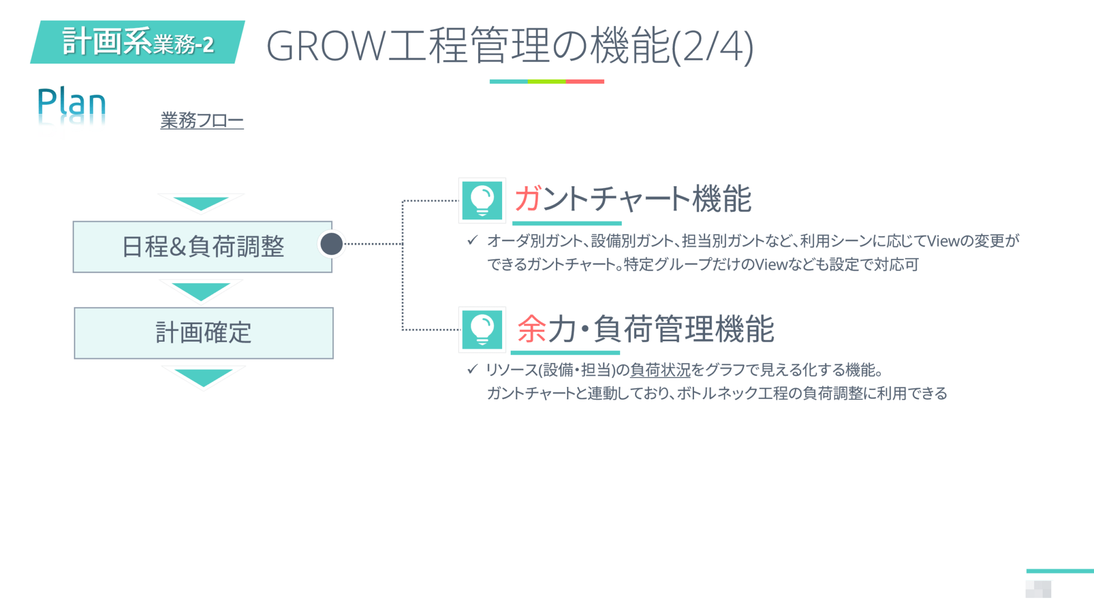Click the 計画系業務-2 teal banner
click(x=138, y=42)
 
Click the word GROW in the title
click(x=326, y=46)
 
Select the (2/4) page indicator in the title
click(x=712, y=47)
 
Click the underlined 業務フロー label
click(x=202, y=120)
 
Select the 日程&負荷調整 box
click(x=202, y=247)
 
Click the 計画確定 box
click(x=204, y=333)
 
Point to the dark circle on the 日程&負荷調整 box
click(x=332, y=244)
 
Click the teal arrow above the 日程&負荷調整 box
click(x=201, y=203)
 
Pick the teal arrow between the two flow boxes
click(x=201, y=290)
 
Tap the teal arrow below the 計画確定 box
click(x=203, y=376)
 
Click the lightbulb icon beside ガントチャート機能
click(x=482, y=200)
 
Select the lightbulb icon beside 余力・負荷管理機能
click(x=482, y=329)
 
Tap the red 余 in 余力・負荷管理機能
click(x=532, y=328)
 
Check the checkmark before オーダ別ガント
click(x=472, y=240)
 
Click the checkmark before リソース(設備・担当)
click(x=472, y=369)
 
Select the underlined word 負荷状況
click(x=660, y=370)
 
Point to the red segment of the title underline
click(x=585, y=82)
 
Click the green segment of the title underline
click(x=546, y=82)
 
